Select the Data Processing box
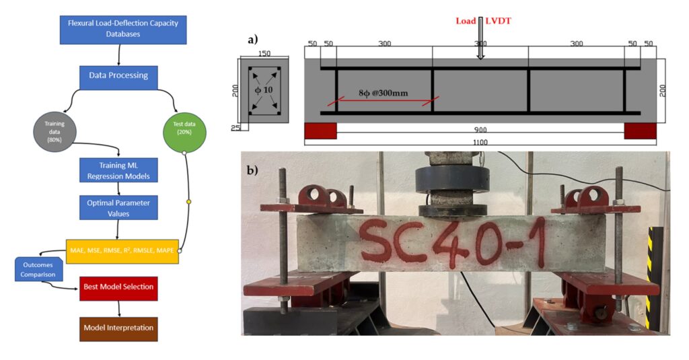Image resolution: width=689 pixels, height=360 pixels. pos(118,75)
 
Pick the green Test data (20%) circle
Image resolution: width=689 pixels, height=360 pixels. pos(184,131)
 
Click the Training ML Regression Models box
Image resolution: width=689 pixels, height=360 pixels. pos(118,171)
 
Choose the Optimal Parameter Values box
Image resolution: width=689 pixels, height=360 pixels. pos(118,207)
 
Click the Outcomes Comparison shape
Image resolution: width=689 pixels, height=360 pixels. pos(38,269)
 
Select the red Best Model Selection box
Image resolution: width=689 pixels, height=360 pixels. pos(118,287)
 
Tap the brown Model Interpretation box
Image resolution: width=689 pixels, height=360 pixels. pos(118,328)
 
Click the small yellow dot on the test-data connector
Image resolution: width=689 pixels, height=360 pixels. pos(189,201)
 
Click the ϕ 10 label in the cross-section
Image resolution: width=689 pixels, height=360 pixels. pos(263,90)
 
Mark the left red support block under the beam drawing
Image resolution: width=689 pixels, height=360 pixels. pos(320,131)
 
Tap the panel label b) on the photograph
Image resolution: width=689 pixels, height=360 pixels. pos(252,169)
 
